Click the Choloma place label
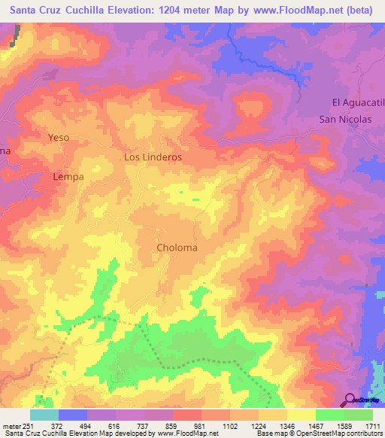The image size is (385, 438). pos(177,248)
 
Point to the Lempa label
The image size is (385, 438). pos(68,177)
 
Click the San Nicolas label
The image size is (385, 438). pos(345,119)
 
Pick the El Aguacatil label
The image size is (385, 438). pos(358,102)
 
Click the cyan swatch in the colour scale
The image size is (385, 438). pos(44,415)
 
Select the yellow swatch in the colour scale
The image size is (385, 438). pos(301,415)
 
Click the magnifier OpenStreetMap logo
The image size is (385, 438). pos(350,400)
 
